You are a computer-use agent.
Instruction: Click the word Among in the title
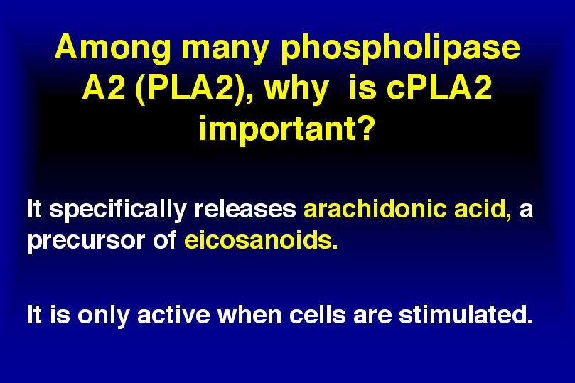tap(112, 48)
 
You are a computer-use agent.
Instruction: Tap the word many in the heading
tap(225, 50)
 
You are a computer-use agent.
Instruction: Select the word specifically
tap(118, 210)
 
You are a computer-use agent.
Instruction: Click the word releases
tap(245, 209)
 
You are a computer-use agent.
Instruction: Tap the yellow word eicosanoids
tap(261, 240)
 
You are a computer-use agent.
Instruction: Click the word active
tap(173, 315)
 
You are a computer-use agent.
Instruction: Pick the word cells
tap(317, 315)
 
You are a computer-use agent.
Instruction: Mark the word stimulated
tap(466, 315)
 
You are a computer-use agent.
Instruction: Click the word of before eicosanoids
tap(164, 240)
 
